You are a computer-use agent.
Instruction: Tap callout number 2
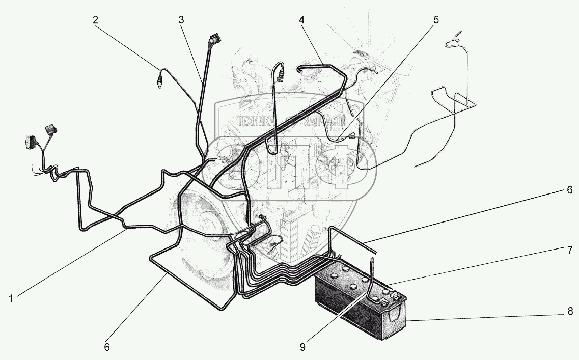96,20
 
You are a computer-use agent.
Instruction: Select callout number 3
181,20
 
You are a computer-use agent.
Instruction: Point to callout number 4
302,20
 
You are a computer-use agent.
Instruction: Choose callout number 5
436,20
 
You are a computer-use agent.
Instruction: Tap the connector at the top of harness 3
215,40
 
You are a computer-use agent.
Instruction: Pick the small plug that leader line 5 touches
351,136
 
